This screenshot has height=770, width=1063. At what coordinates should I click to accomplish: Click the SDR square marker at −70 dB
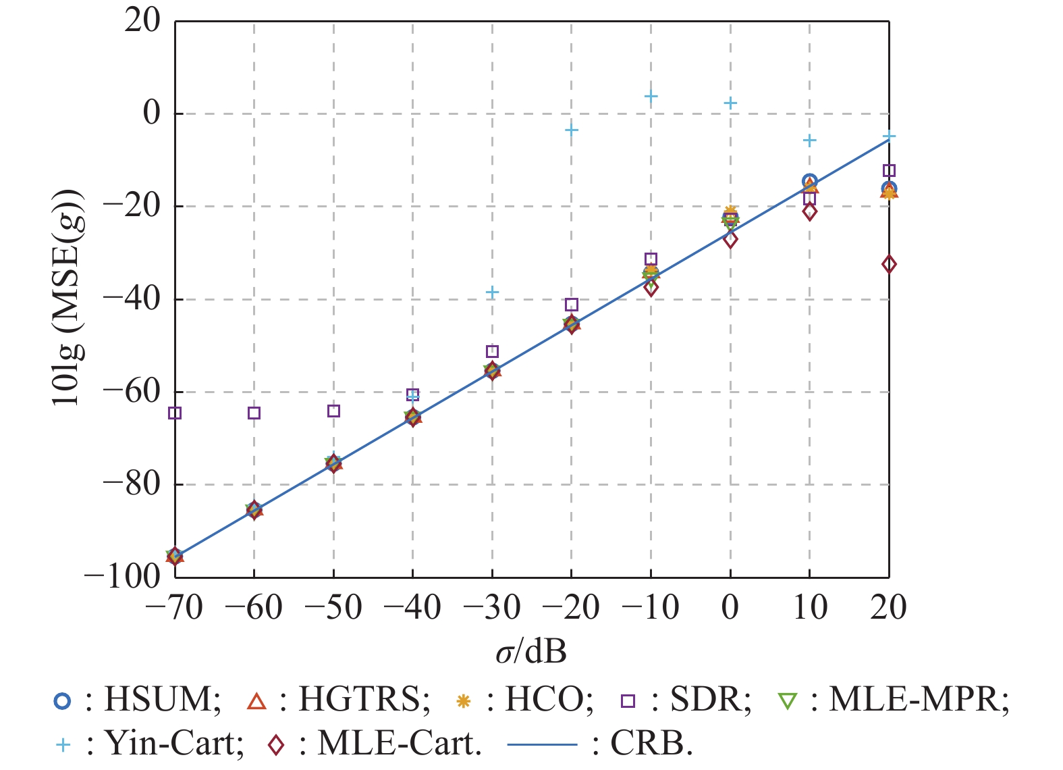tap(175, 413)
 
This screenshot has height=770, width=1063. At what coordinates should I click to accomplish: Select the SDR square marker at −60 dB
tap(254, 413)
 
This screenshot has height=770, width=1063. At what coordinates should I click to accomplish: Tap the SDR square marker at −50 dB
tap(333, 411)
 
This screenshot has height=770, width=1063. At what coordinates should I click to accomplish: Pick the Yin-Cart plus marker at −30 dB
tap(492, 292)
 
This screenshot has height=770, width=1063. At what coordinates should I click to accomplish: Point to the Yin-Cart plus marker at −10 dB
tap(651, 97)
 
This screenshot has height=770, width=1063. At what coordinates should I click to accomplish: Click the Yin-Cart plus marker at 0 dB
tap(730, 103)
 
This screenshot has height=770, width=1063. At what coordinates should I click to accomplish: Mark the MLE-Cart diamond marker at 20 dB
tap(889, 264)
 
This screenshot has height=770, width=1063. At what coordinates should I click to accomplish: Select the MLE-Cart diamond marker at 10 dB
tap(809, 211)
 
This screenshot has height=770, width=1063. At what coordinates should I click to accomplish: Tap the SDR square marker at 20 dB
tap(889, 170)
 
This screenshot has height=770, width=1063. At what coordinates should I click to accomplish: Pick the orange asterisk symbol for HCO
tap(463, 701)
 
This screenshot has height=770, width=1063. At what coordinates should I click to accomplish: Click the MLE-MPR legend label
tap(919, 700)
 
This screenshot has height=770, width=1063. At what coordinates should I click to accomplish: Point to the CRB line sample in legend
tap(542, 745)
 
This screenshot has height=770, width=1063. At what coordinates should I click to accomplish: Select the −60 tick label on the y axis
tap(132, 392)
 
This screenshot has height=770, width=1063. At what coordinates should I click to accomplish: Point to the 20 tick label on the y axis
tap(142, 20)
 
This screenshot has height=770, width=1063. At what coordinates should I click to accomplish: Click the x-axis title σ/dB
tap(531, 652)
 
